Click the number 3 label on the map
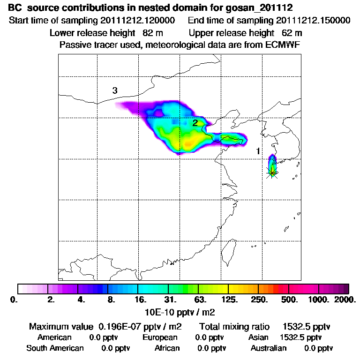tap(114, 90)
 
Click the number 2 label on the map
tap(195, 123)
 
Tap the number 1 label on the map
tap(258, 151)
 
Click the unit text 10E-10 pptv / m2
tap(181, 311)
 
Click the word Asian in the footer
tap(258, 337)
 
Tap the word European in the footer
tap(160, 337)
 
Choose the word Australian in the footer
tap(269, 348)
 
